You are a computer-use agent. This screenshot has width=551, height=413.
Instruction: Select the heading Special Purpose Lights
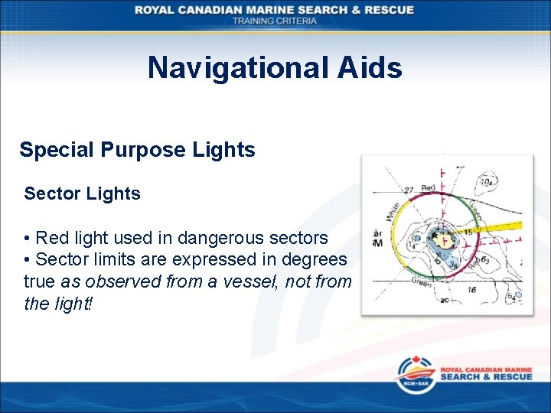point(137,150)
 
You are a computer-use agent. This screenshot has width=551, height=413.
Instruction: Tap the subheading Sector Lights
point(82,194)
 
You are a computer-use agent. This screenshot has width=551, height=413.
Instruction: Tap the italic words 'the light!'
point(57,304)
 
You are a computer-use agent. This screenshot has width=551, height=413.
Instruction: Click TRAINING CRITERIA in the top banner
point(275,21)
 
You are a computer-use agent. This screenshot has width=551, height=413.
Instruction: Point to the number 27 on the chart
point(409,190)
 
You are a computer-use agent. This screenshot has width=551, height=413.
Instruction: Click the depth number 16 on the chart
point(471,290)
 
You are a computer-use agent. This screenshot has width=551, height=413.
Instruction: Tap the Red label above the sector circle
point(429,188)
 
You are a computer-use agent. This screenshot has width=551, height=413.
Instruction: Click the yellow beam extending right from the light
point(501,223)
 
